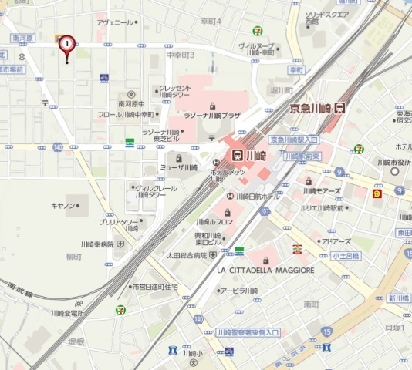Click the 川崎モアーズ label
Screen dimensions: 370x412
pyautogui.click(x=322, y=190)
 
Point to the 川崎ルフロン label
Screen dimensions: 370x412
pyautogui.click(x=214, y=221)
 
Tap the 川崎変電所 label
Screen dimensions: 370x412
pyautogui.click(x=67, y=313)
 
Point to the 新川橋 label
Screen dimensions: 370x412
pyautogui.click(x=398, y=298)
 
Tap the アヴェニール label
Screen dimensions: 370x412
pyautogui.click(x=114, y=22)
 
